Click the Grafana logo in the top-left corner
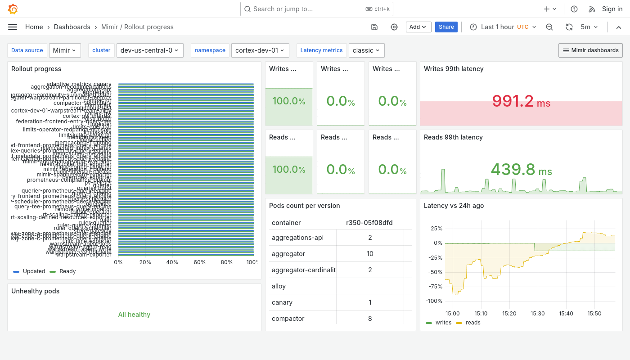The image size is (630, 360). [x=13, y=9]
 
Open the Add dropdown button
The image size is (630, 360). [x=418, y=27]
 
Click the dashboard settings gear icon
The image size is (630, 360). [x=394, y=27]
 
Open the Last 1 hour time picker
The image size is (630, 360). [x=503, y=27]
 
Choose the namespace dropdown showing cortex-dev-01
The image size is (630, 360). [x=260, y=50]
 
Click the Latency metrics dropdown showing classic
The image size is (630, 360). [x=366, y=50]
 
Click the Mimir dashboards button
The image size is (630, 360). [x=590, y=50]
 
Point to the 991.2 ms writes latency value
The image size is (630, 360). [x=521, y=101]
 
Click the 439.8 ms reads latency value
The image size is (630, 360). [x=521, y=170]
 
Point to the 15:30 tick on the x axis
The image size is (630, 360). [x=537, y=313]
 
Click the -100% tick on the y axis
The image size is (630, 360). [x=434, y=301]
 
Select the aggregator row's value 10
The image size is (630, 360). [x=370, y=254]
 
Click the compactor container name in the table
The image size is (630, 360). [x=288, y=319]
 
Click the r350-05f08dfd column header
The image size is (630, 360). [x=369, y=223]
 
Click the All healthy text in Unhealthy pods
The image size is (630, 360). [x=134, y=315]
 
